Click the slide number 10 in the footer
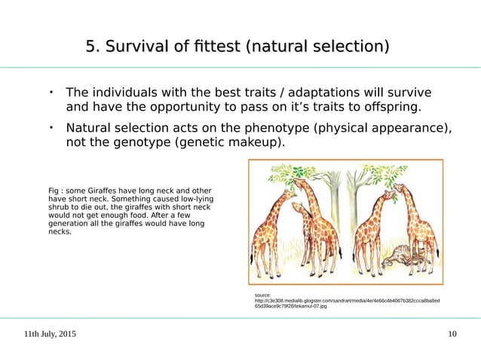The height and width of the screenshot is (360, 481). click(x=452, y=334)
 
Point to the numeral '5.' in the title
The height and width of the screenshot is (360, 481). click(x=93, y=49)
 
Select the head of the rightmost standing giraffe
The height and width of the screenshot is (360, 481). click(x=398, y=188)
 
